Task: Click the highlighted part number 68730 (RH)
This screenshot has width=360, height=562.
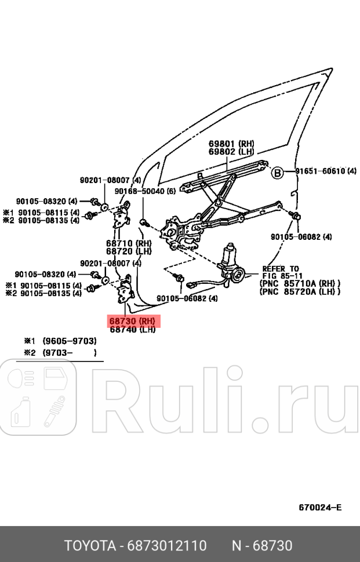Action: [133, 320]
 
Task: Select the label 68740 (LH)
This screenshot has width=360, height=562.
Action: [132, 329]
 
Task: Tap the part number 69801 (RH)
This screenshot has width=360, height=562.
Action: [231, 143]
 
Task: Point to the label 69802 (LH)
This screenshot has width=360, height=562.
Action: [231, 152]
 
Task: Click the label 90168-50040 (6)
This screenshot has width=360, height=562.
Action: [144, 191]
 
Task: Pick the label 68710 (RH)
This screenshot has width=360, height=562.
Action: [128, 243]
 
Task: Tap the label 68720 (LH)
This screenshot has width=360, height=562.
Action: [128, 251]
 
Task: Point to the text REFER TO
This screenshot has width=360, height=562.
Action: [281, 269]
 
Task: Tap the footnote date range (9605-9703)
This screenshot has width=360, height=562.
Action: [70, 341]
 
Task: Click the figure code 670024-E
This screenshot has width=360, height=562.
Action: [320, 508]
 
